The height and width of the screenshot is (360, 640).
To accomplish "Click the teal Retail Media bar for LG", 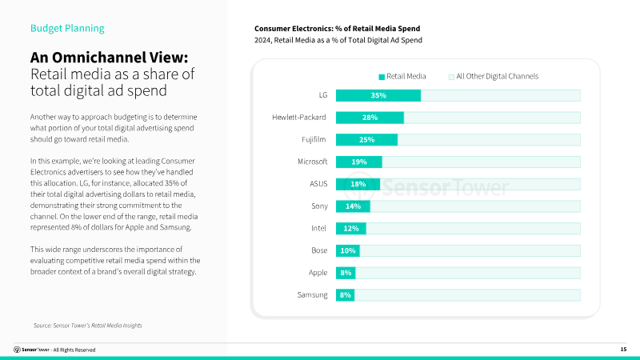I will pyautogui.click(x=378, y=96).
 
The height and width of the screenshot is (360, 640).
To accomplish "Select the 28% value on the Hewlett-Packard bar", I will pyautogui.click(x=369, y=118).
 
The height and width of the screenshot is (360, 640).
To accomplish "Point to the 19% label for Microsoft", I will pyautogui.click(x=359, y=162).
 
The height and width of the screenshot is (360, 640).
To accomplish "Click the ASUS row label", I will pyautogui.click(x=318, y=184).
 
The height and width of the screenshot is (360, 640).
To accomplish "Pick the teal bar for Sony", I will pyautogui.click(x=353, y=206).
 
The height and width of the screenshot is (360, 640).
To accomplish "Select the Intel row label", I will pyautogui.click(x=318, y=228).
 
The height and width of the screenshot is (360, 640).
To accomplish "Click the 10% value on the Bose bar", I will pyautogui.click(x=347, y=250).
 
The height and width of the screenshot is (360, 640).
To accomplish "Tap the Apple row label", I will pyautogui.click(x=318, y=273).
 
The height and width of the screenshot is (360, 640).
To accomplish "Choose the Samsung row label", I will pyautogui.click(x=312, y=295).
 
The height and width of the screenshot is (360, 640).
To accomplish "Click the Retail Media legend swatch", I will pyautogui.click(x=382, y=77).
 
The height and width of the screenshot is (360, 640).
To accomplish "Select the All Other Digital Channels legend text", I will pyautogui.click(x=497, y=77).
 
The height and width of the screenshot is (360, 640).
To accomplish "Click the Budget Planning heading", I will pyautogui.click(x=67, y=29).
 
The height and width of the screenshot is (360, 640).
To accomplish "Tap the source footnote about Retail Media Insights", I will pyautogui.click(x=87, y=325).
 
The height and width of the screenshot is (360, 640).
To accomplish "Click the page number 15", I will pyautogui.click(x=623, y=350).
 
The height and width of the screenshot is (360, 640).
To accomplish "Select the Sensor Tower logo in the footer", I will pyautogui.click(x=31, y=350).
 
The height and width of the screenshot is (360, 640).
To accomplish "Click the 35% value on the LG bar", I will pyautogui.click(x=378, y=96).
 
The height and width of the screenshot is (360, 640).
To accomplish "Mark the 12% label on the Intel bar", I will pyautogui.click(x=350, y=228).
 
